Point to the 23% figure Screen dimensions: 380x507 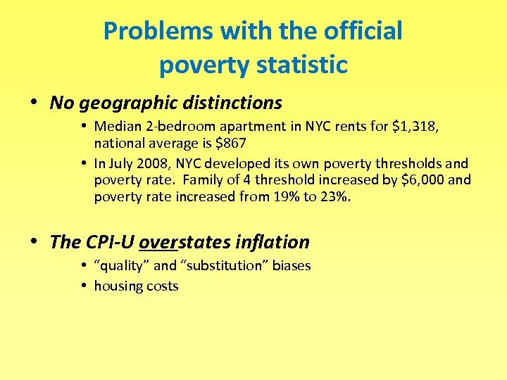(x=334, y=196)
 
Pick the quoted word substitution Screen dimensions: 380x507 (x=231, y=266)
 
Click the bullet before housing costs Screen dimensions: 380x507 (x=83, y=285)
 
